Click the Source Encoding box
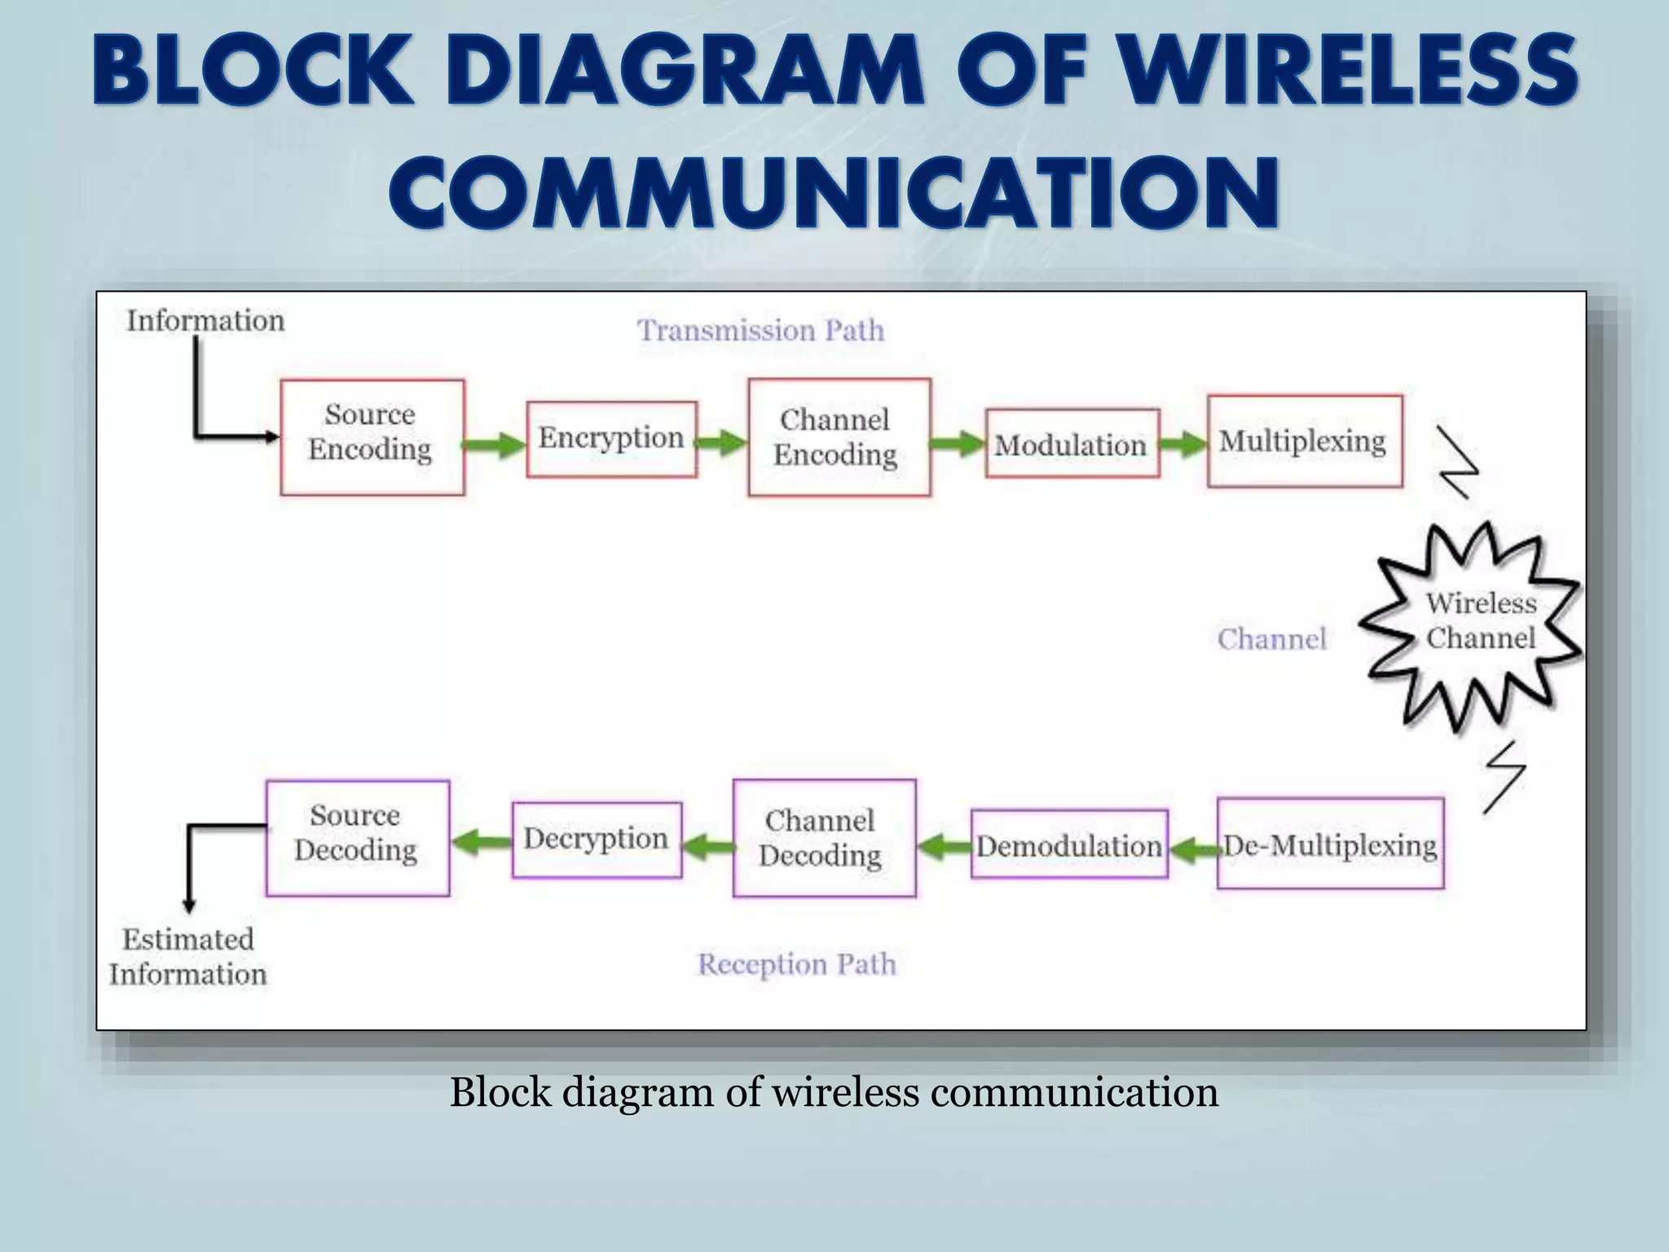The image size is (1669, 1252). [372, 437]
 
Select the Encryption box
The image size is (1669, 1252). [611, 439]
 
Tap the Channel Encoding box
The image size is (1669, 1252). [839, 437]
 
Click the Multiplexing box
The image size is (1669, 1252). [1305, 441]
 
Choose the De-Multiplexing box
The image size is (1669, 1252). [1330, 844]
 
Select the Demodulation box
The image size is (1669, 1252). [1069, 845]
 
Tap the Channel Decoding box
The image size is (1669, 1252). [824, 838]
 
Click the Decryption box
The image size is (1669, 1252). [597, 840]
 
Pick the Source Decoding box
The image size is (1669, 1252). [357, 838]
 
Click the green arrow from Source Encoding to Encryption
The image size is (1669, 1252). [494, 445]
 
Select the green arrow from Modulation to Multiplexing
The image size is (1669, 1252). [1182, 444]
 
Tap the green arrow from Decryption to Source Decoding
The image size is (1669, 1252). [482, 841]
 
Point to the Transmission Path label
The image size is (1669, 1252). [760, 331]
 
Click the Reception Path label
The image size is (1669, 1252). [797, 965]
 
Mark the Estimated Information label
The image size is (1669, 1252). [188, 957]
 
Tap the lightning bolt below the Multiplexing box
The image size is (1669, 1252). [1459, 462]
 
